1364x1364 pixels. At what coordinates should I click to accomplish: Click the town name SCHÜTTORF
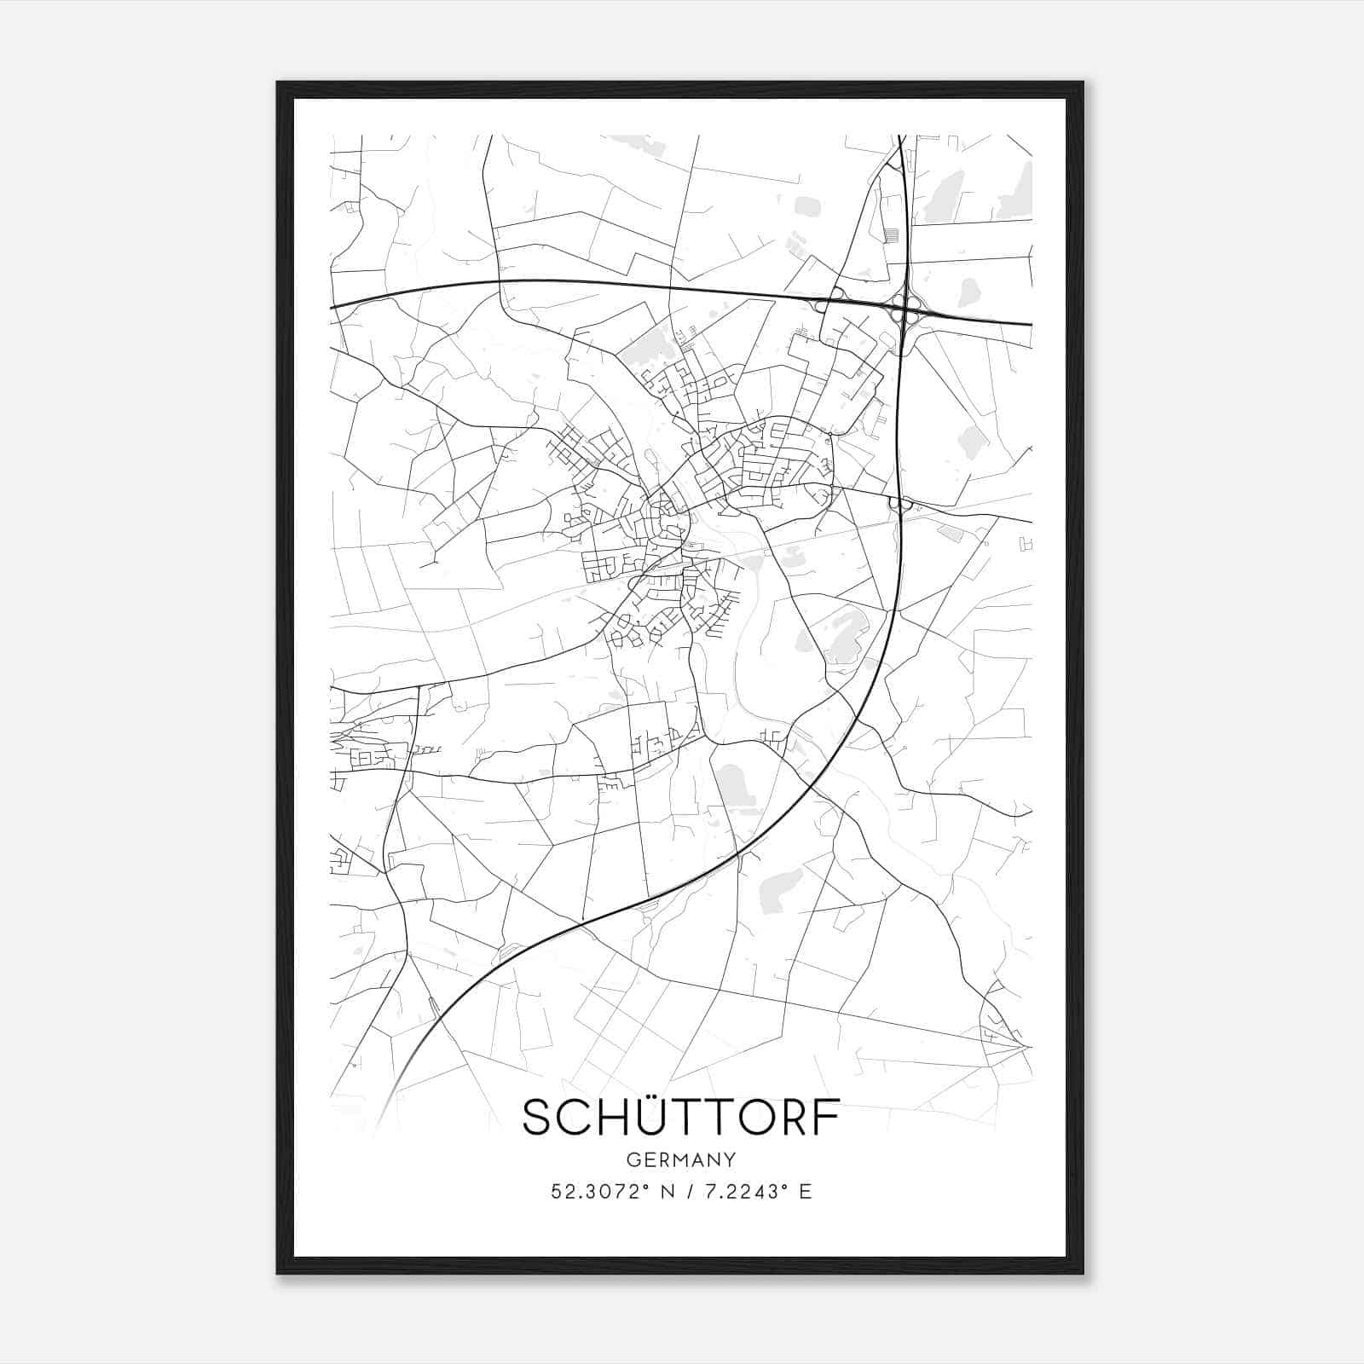(681, 1118)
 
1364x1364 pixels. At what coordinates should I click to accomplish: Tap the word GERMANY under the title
(681, 1159)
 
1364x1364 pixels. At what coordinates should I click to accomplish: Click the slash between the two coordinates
(689, 1192)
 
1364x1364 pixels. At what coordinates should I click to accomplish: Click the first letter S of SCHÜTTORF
(538, 1118)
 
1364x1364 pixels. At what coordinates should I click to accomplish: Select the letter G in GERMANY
(632, 1159)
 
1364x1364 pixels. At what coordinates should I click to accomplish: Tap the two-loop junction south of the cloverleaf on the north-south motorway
(900, 505)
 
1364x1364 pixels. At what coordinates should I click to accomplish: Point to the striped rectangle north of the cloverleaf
(892, 234)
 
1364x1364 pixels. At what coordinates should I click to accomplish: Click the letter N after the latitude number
(666, 1192)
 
